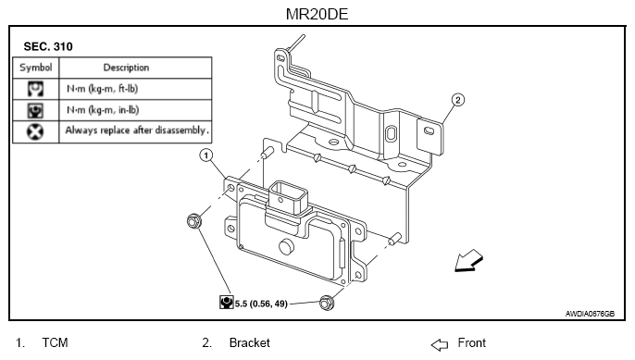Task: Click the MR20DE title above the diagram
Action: click(x=317, y=14)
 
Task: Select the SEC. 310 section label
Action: click(x=48, y=46)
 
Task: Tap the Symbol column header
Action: click(x=35, y=68)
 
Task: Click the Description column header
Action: click(x=126, y=68)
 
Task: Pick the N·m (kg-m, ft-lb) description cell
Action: click(x=103, y=89)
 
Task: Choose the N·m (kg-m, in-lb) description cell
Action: click(x=103, y=110)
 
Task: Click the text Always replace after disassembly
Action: click(x=137, y=130)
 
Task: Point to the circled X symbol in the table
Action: click(x=35, y=131)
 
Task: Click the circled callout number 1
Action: click(x=206, y=155)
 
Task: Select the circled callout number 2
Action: click(x=457, y=100)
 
